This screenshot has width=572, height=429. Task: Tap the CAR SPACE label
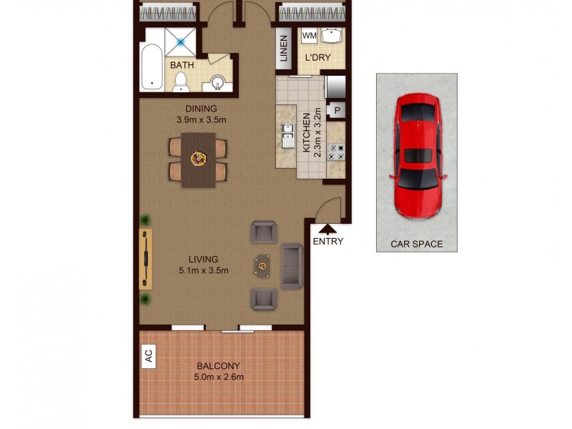416,244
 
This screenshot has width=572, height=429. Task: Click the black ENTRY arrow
327,229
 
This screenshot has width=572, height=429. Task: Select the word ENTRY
327,242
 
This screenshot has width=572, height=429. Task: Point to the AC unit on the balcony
149,356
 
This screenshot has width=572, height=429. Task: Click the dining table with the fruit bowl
198,159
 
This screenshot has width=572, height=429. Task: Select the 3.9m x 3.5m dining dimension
201,119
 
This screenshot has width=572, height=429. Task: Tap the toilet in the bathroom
181,82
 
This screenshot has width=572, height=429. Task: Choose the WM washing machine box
309,36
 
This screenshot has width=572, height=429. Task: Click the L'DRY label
317,57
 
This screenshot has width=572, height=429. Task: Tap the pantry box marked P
337,111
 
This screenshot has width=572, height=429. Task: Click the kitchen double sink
287,135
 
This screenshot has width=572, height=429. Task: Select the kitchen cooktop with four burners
335,152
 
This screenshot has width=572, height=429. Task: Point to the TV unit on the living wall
146,258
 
